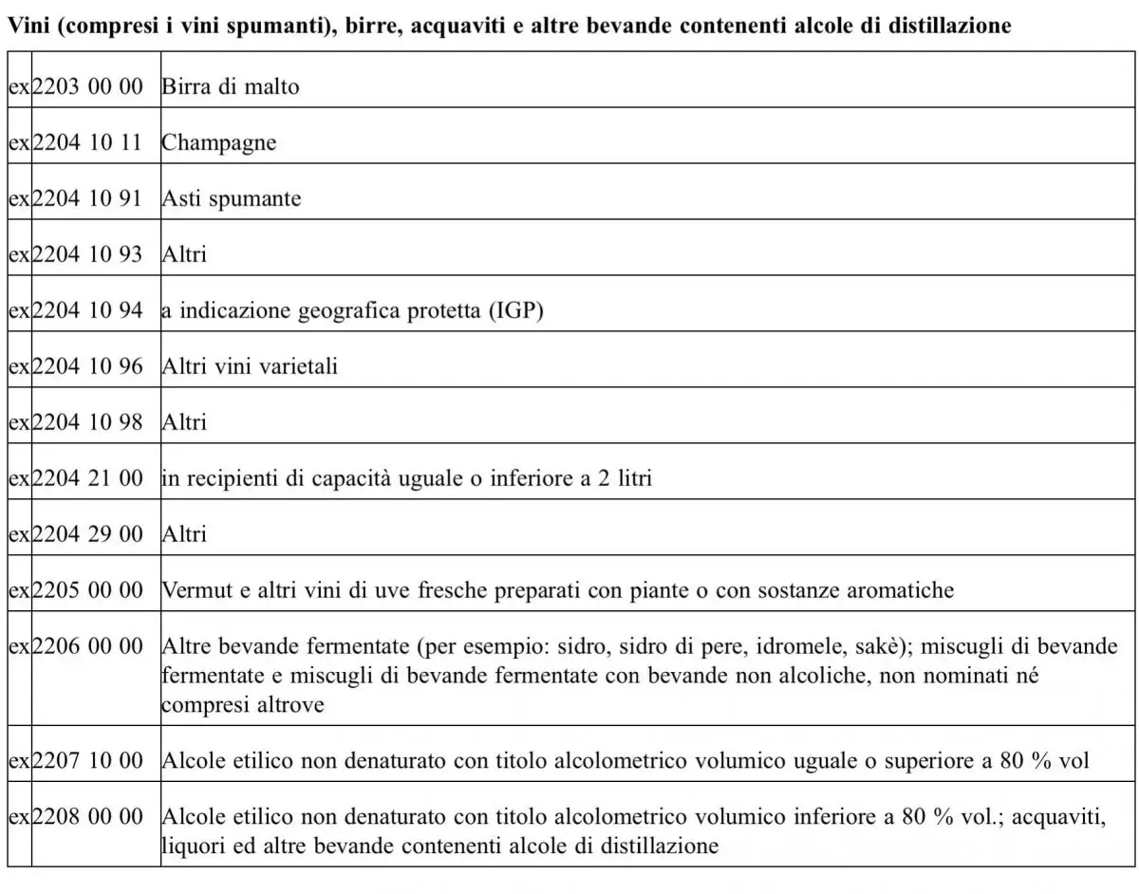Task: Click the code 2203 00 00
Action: (87, 87)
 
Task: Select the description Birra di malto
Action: (231, 87)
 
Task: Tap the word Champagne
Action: (219, 143)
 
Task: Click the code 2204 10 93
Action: (87, 254)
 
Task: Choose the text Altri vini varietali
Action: (250, 366)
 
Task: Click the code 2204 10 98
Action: (87, 421)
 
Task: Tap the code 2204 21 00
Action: (87, 477)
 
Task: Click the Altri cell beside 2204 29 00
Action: (184, 533)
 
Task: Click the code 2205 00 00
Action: (87, 589)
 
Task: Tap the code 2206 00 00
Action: (87, 645)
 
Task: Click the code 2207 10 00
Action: (87, 760)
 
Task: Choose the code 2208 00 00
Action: (87, 816)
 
